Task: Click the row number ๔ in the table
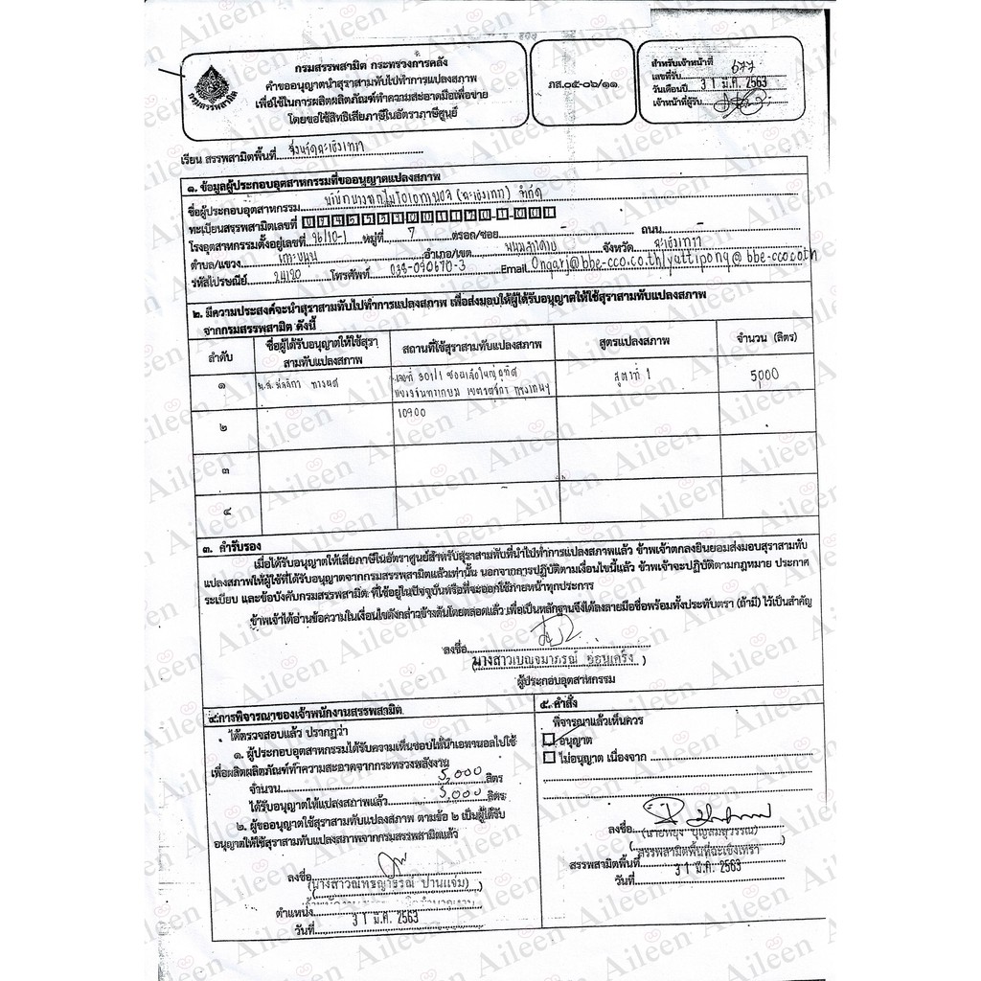click(x=226, y=511)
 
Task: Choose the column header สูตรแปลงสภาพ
click(x=633, y=342)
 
